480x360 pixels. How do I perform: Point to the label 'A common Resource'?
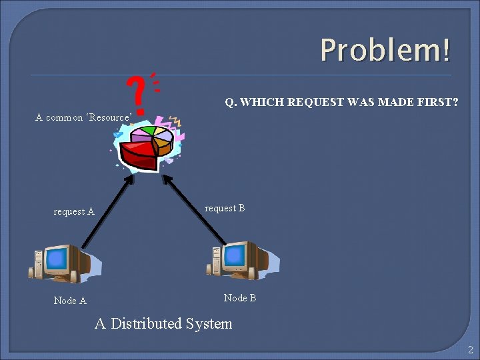point(83,118)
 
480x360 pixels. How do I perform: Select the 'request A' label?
point(74,212)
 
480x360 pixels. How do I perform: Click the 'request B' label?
point(225,209)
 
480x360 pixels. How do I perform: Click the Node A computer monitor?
point(57,259)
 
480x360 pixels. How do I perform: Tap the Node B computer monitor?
point(235,255)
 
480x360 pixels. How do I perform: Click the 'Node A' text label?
point(70,301)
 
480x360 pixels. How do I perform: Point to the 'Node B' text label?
point(240,298)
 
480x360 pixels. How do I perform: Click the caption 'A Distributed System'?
point(163,324)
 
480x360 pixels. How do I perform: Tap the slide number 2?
point(470,350)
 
